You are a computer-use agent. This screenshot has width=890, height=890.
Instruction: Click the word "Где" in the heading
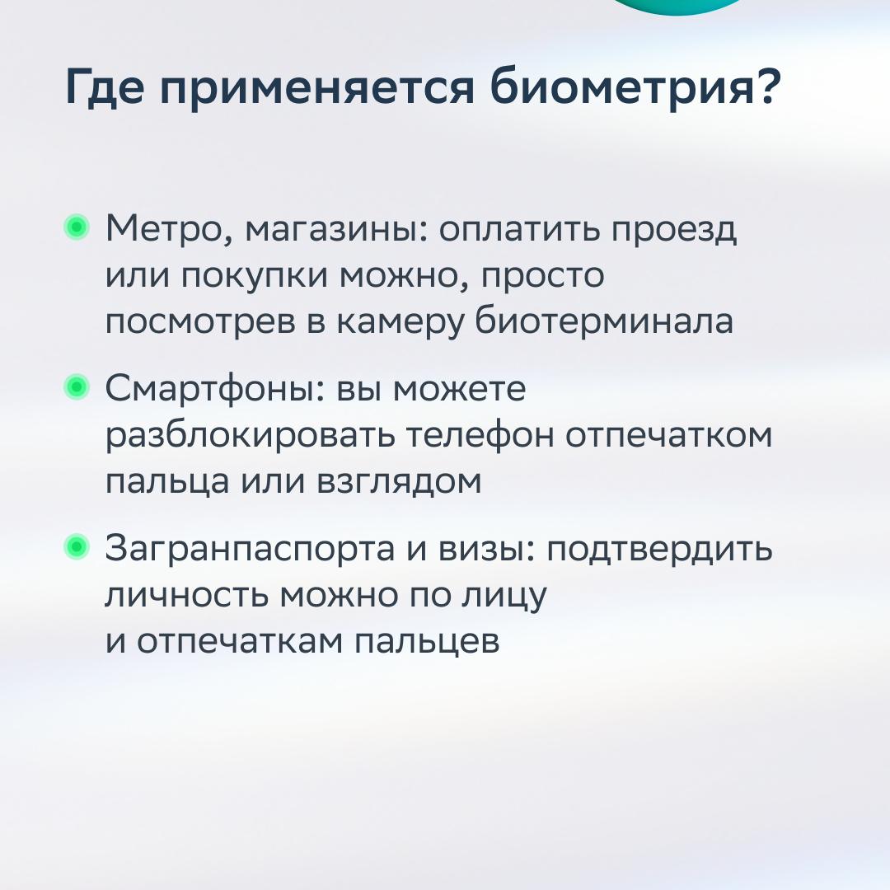[x=105, y=87]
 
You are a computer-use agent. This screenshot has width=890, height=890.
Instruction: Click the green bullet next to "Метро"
[x=77, y=227]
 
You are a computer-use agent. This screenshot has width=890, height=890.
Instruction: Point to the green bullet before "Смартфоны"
[x=77, y=387]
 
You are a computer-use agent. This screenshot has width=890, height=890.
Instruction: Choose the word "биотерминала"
[x=604, y=321]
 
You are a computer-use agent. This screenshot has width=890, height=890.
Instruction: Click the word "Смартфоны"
[x=214, y=390]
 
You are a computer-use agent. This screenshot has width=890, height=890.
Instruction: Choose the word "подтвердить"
[x=659, y=550]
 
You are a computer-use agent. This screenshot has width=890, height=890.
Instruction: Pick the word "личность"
[x=185, y=596]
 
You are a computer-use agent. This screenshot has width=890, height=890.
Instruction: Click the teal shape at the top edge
[x=676, y=6]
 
